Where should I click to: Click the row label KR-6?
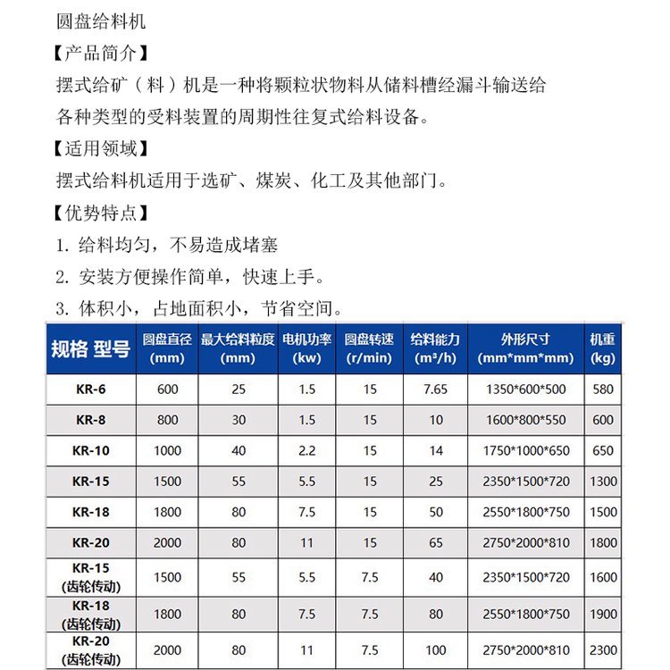(x=90, y=389)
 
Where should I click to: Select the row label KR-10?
(x=90, y=450)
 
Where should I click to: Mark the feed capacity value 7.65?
(x=435, y=389)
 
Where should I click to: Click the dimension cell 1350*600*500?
(x=525, y=389)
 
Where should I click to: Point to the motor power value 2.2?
(x=306, y=450)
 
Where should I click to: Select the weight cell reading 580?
(x=603, y=389)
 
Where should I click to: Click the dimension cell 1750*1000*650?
(x=525, y=450)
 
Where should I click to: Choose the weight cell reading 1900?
(x=603, y=614)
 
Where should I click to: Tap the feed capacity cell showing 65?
(x=435, y=542)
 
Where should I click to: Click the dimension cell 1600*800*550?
(x=525, y=420)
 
